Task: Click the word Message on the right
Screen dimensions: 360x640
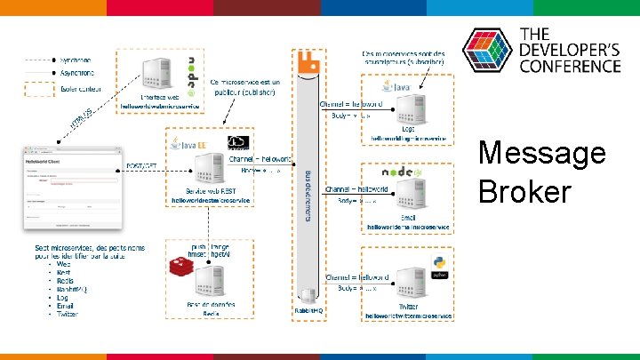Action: click(x=541, y=153)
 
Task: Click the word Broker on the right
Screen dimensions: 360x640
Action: click(x=524, y=190)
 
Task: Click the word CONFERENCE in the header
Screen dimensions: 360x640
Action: click(x=569, y=66)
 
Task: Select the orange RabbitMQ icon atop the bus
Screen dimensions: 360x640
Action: click(x=308, y=63)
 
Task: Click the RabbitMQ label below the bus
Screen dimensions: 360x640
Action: click(x=308, y=311)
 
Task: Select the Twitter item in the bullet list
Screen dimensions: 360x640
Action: click(x=68, y=314)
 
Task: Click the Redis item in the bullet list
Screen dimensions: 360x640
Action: click(x=64, y=280)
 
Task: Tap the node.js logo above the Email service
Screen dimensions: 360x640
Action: click(x=401, y=172)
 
